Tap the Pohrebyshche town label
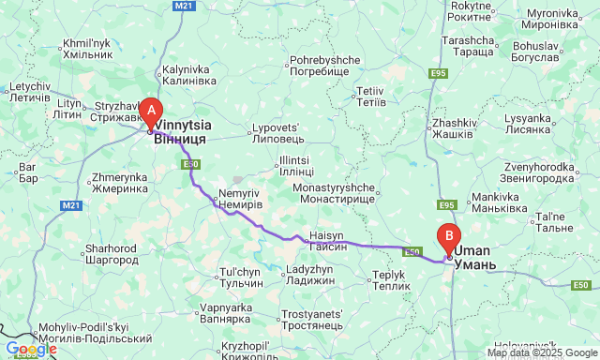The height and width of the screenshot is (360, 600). point(324,66)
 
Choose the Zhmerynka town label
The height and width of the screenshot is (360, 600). point(121,182)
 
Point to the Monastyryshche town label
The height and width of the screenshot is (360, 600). point(335,192)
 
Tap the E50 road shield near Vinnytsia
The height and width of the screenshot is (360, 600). point(190,165)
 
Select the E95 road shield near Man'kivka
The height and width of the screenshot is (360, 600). point(446,205)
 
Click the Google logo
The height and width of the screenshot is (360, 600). point(31,349)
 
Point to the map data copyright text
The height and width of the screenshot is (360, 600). point(541,352)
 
